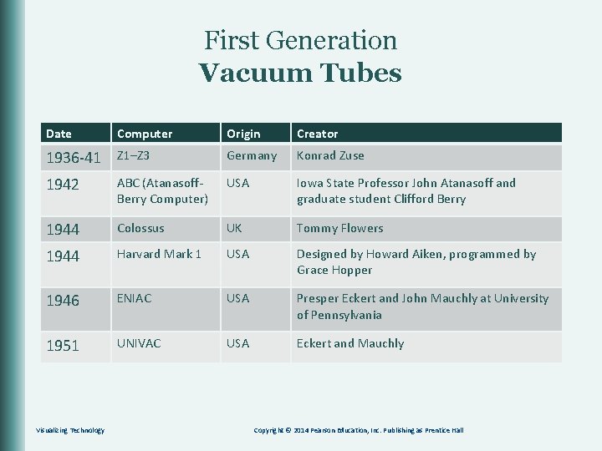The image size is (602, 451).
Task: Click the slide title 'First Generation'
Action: click(300, 40)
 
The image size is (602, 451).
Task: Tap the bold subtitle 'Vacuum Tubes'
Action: click(300, 73)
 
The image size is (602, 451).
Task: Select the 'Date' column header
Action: click(59, 134)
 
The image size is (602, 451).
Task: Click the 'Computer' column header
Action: click(145, 134)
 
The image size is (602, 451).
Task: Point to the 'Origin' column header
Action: click(243, 134)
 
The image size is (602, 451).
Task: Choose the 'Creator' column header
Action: click(318, 134)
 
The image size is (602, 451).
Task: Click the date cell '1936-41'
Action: click(74, 157)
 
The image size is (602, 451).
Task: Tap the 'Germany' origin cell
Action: click(252, 155)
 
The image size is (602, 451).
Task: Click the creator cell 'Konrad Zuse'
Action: click(330, 155)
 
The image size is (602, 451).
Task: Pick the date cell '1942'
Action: click(63, 185)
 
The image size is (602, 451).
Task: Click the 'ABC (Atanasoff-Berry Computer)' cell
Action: click(163, 190)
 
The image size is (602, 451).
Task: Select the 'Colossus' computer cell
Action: click(140, 228)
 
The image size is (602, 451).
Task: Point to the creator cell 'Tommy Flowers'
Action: click(339, 228)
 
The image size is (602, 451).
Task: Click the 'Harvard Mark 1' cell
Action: click(159, 254)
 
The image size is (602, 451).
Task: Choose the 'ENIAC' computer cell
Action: click(135, 298)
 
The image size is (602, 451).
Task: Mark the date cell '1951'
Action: click(63, 346)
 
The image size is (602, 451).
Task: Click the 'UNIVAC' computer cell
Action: click(139, 343)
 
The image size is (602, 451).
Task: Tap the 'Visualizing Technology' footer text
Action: click(70, 430)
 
